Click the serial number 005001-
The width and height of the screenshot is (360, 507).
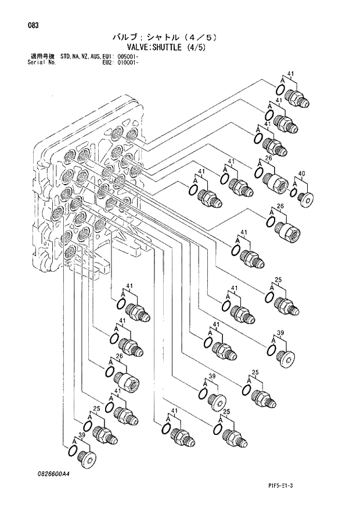point(128,56)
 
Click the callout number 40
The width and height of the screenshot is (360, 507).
point(301,174)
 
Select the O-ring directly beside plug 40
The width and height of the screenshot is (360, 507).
point(294,193)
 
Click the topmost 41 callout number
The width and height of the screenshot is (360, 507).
point(290,74)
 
